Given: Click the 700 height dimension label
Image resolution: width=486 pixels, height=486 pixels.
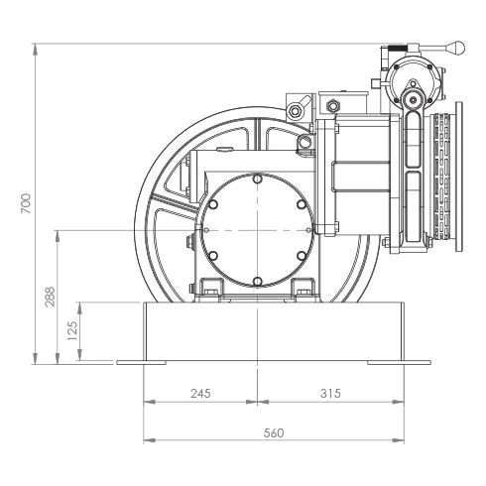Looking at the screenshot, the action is [x=26, y=203].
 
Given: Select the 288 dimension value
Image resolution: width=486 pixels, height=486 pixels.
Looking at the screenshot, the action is [x=50, y=297].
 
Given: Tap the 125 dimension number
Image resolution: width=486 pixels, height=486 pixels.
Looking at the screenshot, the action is [x=72, y=331].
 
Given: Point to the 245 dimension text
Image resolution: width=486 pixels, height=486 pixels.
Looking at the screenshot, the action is [x=200, y=394].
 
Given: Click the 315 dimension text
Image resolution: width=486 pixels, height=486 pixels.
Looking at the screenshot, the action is [x=330, y=394].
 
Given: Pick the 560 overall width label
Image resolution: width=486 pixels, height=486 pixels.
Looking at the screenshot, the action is [x=274, y=433].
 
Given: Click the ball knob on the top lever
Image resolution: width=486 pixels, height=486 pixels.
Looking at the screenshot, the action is [x=456, y=48].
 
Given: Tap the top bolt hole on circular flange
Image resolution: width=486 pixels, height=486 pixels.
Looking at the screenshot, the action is [x=257, y=180].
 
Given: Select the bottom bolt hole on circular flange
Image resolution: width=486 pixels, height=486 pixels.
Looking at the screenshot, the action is [x=257, y=282].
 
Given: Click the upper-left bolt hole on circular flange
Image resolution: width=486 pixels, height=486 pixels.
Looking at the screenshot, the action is [x=213, y=204].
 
